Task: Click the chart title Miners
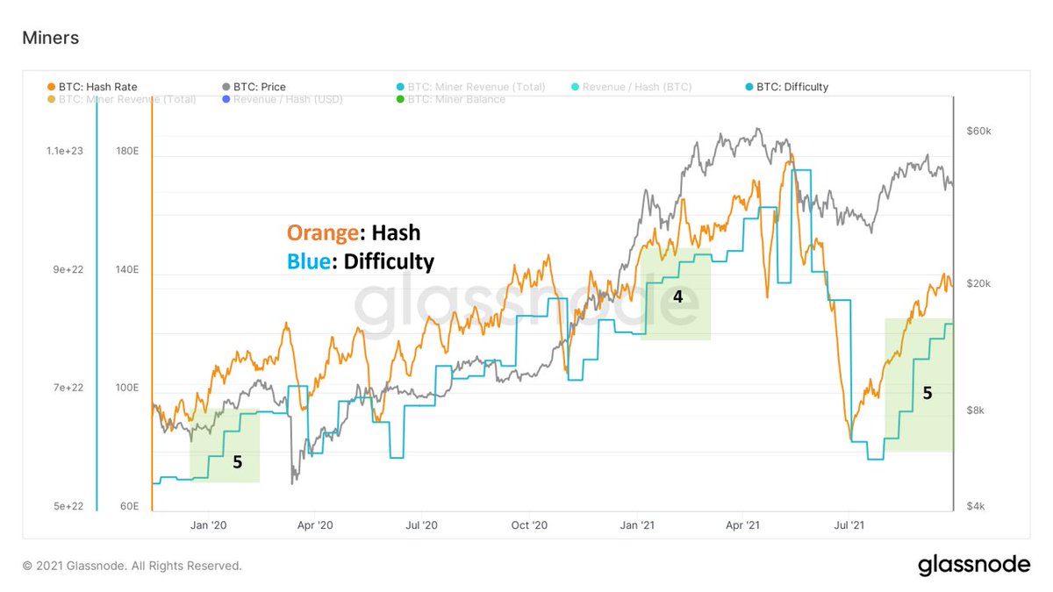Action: [x=50, y=38]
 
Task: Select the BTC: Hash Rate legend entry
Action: [x=92, y=87]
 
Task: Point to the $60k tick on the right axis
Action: [x=978, y=131]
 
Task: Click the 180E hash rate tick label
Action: [x=127, y=151]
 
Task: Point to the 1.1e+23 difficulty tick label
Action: [x=65, y=151]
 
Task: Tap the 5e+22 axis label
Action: [x=65, y=506]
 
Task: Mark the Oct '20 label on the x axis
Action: [x=529, y=525]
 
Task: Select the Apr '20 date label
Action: [x=315, y=525]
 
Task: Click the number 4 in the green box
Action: [x=677, y=297]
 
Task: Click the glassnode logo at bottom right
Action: [x=974, y=566]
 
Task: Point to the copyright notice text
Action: [x=132, y=566]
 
